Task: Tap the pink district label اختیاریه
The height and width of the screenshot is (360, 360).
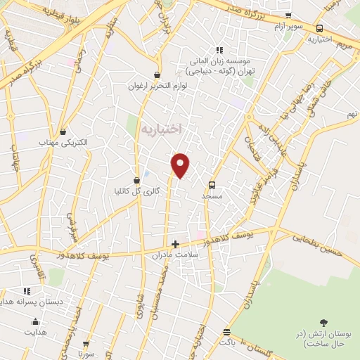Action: pos(161,129)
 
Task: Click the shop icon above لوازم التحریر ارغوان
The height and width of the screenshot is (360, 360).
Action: pos(157,75)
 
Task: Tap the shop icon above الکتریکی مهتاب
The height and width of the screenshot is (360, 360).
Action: pos(64,131)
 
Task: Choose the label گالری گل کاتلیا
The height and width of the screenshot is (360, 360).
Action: pos(138,191)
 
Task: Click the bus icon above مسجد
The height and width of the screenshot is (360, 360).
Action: pos(212,185)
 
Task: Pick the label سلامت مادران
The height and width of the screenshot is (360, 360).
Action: pos(176,256)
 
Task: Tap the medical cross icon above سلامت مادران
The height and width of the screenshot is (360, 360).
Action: pos(175,244)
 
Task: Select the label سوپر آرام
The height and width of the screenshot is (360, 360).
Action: pos(289,26)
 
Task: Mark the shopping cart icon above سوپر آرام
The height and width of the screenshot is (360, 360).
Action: pos(288,15)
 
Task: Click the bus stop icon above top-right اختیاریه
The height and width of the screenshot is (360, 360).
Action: pos(320,29)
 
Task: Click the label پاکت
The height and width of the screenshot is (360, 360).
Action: pos(227,342)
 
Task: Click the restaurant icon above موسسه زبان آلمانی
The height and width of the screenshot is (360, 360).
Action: pos(220,50)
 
